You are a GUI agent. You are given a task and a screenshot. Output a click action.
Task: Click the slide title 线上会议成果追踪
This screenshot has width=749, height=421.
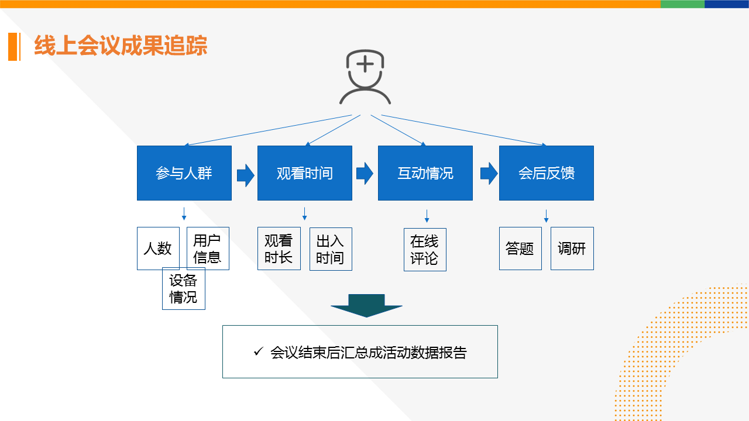pos(121,46)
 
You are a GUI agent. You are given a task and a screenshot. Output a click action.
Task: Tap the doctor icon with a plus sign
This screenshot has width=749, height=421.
pos(365,77)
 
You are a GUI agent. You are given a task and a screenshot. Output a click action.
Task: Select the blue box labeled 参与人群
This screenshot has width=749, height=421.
pos(184,173)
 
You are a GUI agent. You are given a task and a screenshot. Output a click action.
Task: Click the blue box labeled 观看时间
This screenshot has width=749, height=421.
pos(305,173)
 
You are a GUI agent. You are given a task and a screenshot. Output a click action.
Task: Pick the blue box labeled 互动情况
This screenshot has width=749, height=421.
pos(425,173)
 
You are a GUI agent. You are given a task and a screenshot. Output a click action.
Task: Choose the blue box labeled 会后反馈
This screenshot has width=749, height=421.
pos(546,173)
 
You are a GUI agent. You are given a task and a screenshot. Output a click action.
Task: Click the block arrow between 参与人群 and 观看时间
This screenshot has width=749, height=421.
pos(245,175)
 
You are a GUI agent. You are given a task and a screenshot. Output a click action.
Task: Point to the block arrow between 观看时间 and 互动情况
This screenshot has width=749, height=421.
pos(365,173)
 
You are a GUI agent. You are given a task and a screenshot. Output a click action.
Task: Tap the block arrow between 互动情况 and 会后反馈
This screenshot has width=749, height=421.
pos(489,173)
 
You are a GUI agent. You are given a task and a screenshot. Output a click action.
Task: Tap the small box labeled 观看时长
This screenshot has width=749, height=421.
pos(279,249)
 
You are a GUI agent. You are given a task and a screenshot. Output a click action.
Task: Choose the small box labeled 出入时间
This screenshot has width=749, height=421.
pos(331,249)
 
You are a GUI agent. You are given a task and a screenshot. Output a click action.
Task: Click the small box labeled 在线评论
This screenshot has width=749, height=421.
pos(425,250)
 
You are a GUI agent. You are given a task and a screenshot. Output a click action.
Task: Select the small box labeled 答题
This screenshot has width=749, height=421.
pos(520,249)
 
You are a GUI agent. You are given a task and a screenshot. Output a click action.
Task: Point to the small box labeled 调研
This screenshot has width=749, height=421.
pos(572,249)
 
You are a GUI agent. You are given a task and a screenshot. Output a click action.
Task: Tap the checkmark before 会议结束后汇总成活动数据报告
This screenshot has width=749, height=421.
pos(258,352)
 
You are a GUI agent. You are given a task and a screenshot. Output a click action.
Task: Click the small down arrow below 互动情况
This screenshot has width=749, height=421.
pos(427,216)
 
